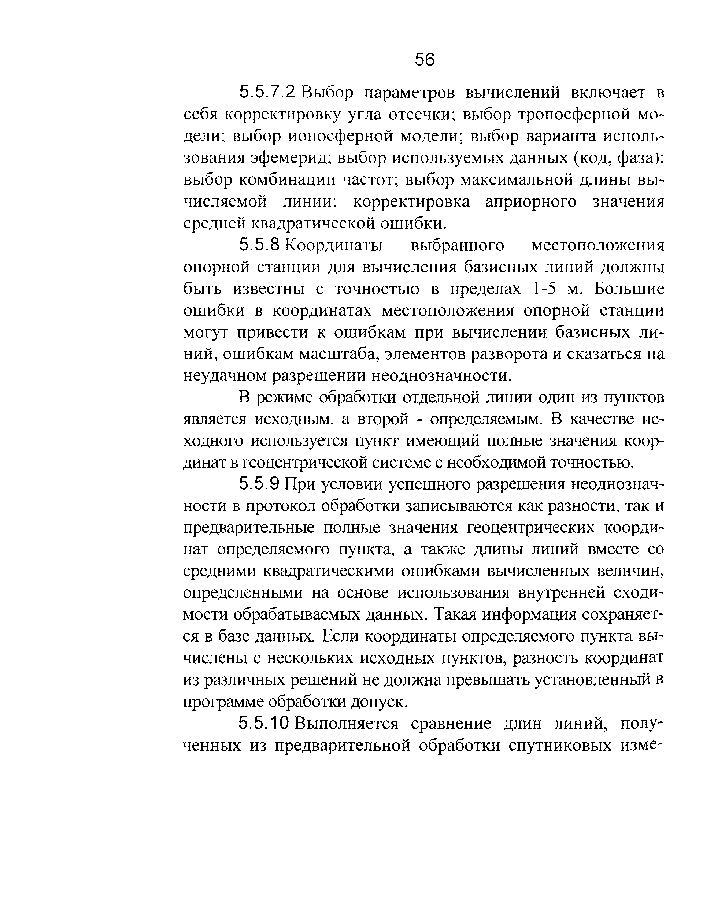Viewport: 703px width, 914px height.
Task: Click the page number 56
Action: coord(425,60)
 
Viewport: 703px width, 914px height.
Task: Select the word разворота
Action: coord(509,354)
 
